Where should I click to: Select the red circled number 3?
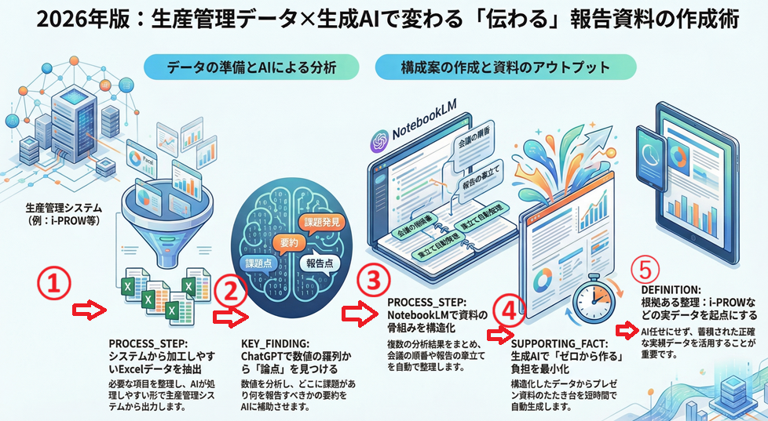[371, 280]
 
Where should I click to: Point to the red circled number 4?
[510, 311]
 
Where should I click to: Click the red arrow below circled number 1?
[88, 311]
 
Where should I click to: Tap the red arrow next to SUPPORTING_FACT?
[496, 336]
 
